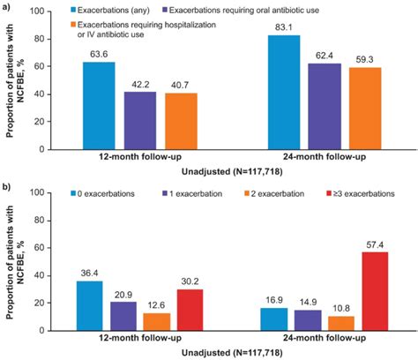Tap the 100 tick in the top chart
pyautogui.click(x=44, y=12)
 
